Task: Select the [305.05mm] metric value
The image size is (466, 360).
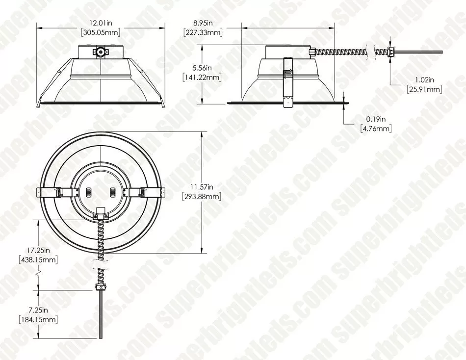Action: (101, 33)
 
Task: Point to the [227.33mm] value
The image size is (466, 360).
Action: (203, 33)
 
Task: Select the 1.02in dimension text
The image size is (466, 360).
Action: (424, 80)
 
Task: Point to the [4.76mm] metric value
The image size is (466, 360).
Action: (376, 129)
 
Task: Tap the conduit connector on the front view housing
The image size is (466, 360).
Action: (101, 51)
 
